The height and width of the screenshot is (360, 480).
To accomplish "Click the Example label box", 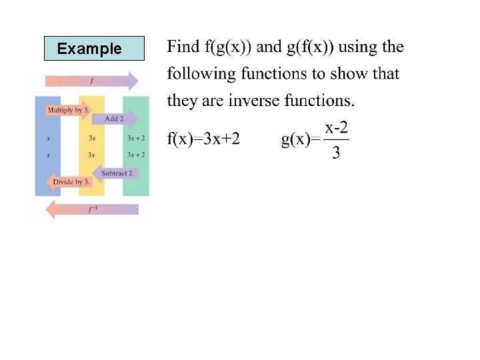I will (94, 49).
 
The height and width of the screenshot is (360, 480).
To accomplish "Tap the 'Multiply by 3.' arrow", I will (67, 109).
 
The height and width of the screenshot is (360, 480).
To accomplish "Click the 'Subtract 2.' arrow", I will (117, 173).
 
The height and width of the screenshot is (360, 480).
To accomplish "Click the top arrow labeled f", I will (91, 81).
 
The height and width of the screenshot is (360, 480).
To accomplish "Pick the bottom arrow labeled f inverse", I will (91, 209).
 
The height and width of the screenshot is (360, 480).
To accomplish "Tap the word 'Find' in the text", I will (183, 47).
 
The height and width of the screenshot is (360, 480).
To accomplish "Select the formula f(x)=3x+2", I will (203, 139).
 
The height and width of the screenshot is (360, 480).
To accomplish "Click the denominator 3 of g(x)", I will (336, 153).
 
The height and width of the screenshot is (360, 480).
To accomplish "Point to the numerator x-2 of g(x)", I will (337, 127).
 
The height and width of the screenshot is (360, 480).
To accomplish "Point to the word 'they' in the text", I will (181, 101).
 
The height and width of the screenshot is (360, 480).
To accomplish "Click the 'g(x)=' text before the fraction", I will (301, 139).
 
